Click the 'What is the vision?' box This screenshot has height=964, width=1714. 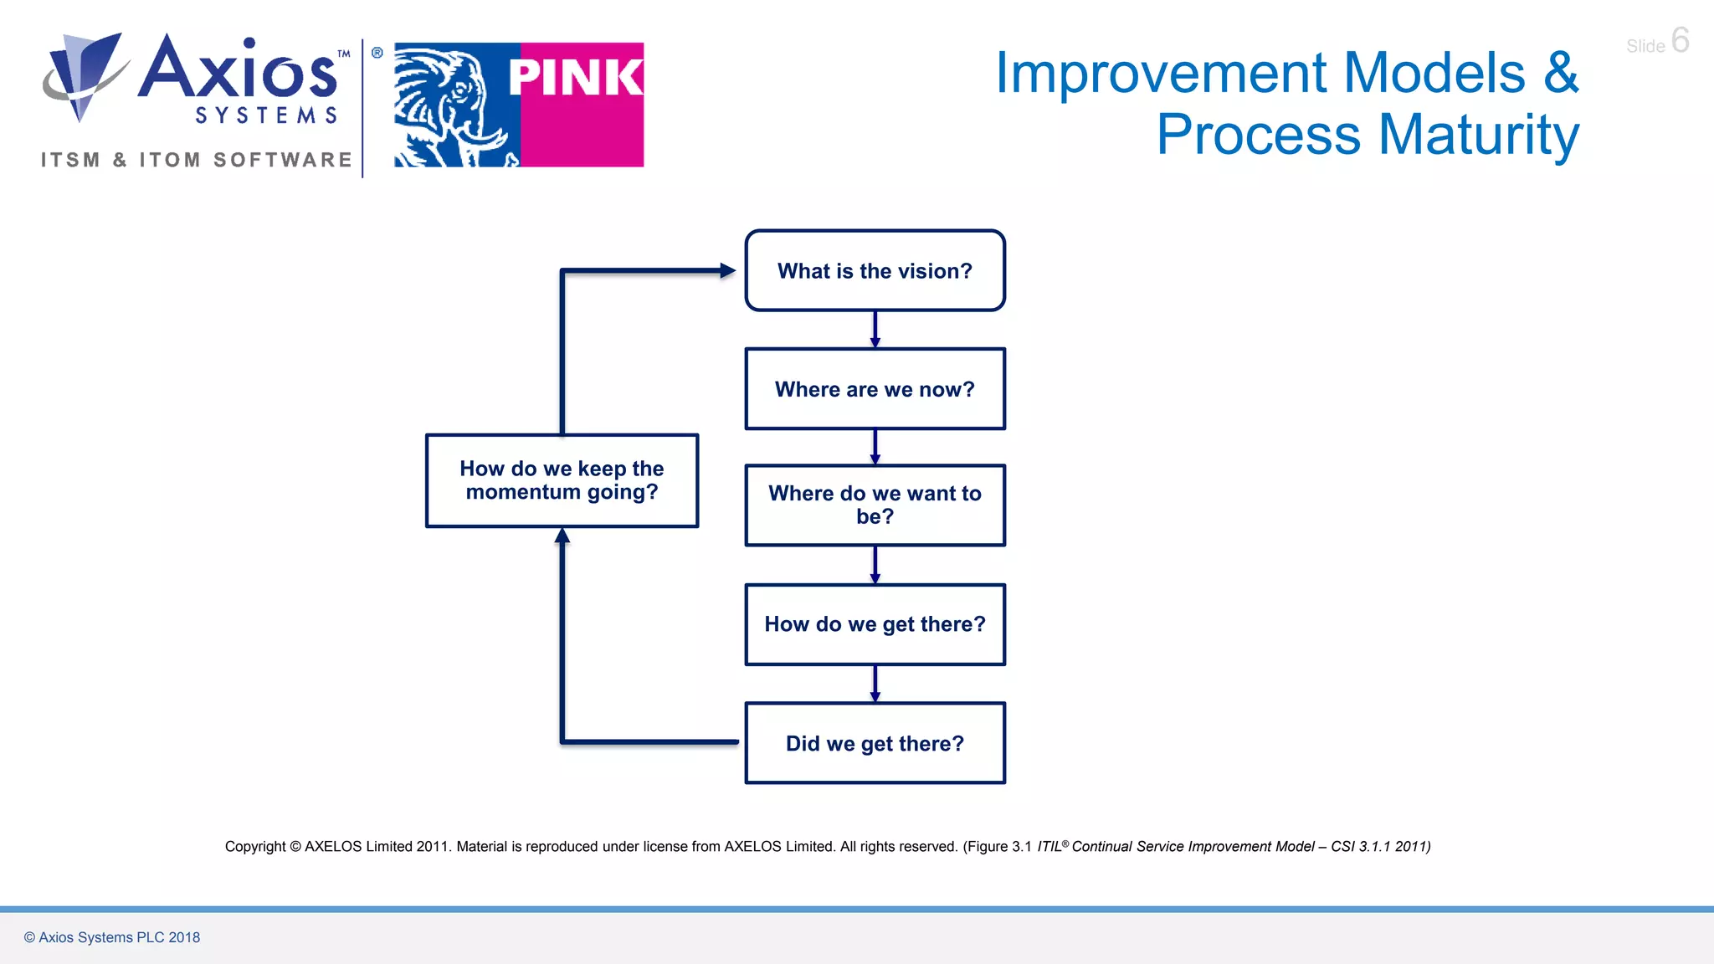click(875, 270)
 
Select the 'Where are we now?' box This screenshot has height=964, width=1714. click(875, 389)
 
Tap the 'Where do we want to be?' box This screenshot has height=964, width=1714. click(875, 505)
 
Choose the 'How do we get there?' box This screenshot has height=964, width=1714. click(875, 624)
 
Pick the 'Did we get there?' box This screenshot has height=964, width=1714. click(875, 743)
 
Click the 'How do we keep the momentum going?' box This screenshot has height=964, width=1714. click(562, 480)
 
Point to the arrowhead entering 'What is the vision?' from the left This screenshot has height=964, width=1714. click(727, 270)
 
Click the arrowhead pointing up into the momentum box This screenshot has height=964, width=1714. click(562, 536)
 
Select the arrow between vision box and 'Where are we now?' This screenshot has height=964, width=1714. click(875, 330)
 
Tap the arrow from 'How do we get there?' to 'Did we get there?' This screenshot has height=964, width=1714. click(875, 684)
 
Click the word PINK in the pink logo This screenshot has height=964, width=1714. click(575, 78)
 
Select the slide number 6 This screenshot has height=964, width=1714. click(1680, 40)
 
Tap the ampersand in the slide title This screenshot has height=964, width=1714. click(1561, 73)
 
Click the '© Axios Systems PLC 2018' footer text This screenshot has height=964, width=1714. click(112, 937)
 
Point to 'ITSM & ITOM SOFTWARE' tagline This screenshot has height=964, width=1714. click(197, 160)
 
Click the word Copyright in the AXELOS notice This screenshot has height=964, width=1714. click(255, 847)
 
